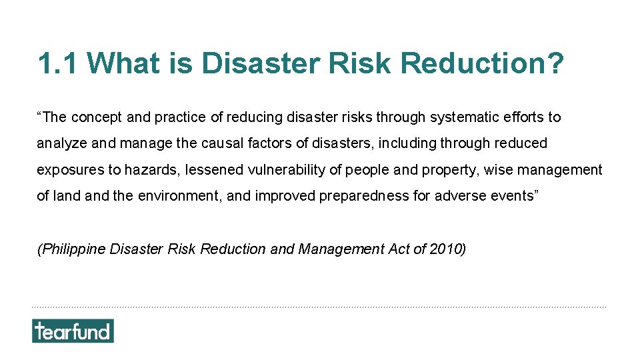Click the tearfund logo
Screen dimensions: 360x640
point(73,331)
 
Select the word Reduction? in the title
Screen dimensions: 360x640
point(483,64)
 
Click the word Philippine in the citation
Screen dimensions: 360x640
point(72,249)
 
